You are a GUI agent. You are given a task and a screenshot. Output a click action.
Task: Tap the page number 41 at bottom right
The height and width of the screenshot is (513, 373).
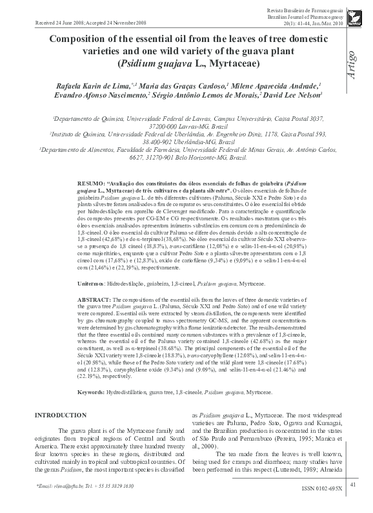[x=353, y=485]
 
